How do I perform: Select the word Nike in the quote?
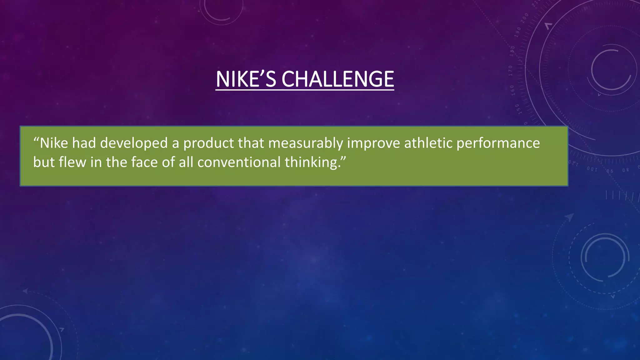point(54,143)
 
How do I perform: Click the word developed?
point(134,143)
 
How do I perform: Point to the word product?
point(208,144)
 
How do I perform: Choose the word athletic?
point(428,143)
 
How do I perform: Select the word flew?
point(72,162)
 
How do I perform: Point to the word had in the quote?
point(84,143)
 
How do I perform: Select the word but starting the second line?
point(44,162)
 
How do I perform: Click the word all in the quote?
point(186,162)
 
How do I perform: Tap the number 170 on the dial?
point(511,71)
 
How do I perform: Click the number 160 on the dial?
point(512,90)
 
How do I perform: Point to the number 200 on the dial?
point(525,17)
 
